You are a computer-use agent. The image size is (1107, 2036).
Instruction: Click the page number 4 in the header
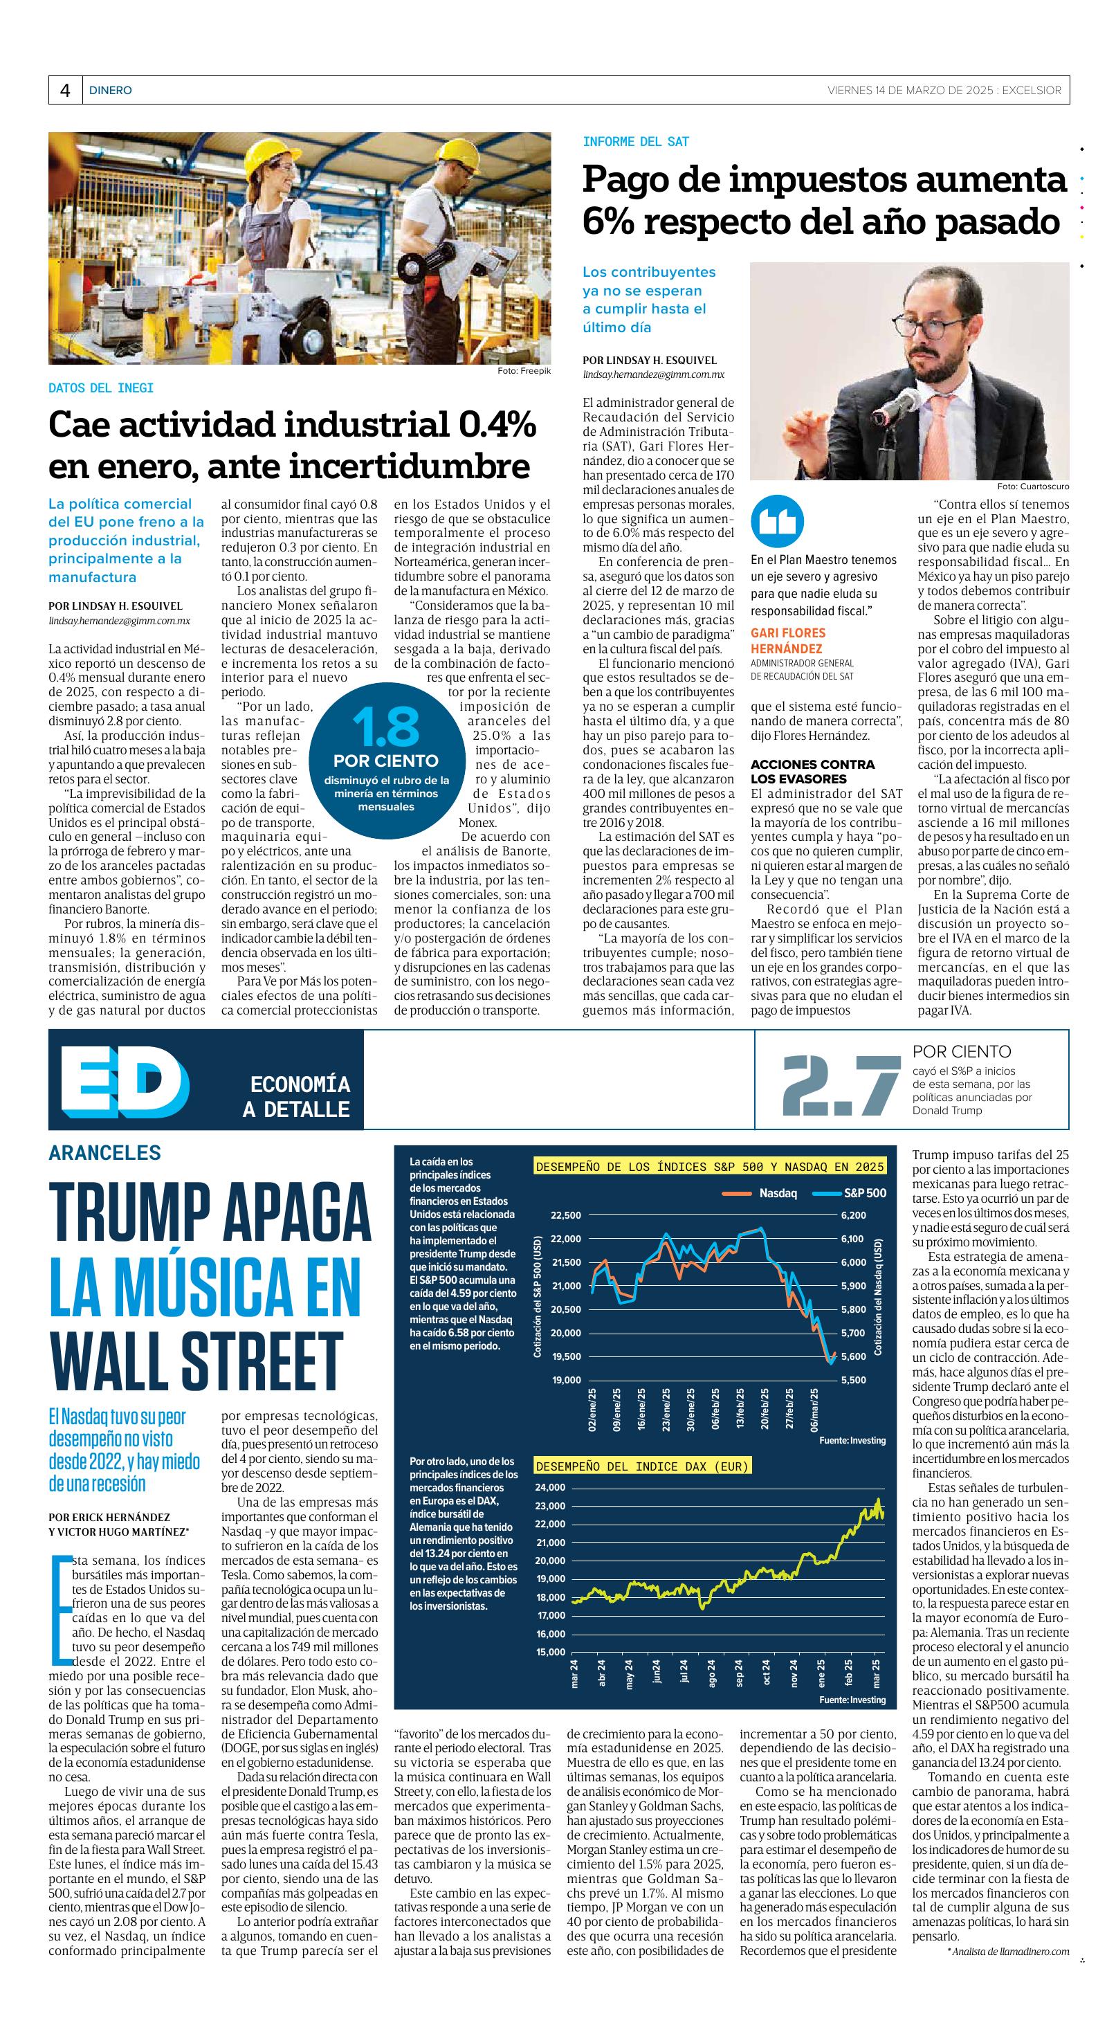[x=65, y=91]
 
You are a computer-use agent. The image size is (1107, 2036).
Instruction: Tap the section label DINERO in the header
[x=111, y=91]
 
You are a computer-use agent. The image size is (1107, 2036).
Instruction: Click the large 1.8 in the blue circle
[x=385, y=728]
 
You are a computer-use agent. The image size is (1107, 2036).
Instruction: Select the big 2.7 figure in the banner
[x=841, y=1080]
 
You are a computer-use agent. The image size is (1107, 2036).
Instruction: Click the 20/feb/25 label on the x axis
[x=765, y=1407]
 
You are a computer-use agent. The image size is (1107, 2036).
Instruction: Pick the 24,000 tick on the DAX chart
[x=551, y=1487]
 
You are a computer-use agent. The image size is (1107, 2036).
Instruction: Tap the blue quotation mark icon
[x=777, y=522]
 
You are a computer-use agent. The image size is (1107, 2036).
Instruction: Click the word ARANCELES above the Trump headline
[x=104, y=1152]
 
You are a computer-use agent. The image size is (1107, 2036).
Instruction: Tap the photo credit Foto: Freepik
[x=524, y=371]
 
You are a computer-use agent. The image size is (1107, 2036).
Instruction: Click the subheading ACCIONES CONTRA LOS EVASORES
[x=812, y=772]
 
